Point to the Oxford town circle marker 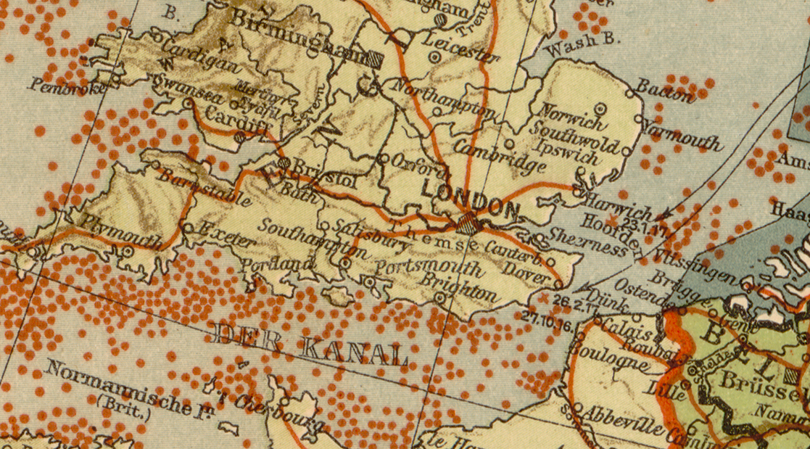[384, 158]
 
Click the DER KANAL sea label [312, 345]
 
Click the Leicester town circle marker [434, 56]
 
